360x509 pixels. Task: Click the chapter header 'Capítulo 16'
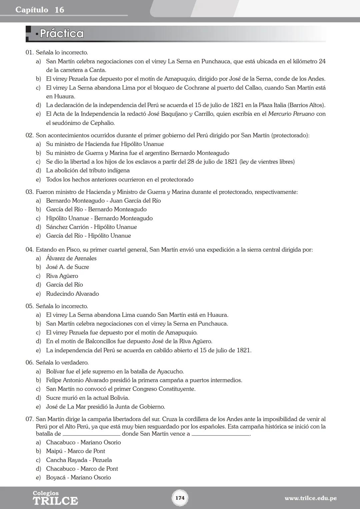40,10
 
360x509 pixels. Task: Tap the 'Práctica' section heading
61,34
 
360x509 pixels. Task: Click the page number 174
180,498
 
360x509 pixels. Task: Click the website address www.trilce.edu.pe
310,498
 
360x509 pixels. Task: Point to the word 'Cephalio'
102,123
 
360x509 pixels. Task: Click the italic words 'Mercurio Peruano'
291,114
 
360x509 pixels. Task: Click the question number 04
29,250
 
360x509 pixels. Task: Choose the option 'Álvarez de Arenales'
71,258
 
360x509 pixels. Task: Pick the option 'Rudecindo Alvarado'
72,294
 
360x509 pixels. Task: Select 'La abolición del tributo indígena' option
88,171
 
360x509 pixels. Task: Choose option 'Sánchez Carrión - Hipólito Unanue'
91,227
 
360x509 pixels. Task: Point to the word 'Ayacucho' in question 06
170,371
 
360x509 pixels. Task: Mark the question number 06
29,363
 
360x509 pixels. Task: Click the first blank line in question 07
91,434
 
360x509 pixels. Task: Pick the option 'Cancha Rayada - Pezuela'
79,460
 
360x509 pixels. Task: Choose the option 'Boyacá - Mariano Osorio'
78,477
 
